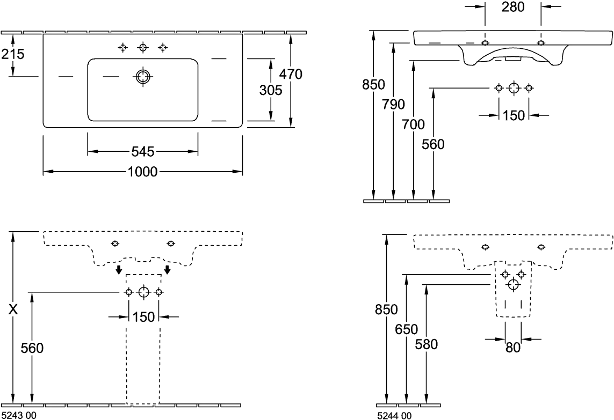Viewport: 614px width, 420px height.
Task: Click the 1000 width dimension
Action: pos(143,172)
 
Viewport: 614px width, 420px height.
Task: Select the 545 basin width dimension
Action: pos(143,153)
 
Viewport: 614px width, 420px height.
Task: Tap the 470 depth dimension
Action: pos(292,75)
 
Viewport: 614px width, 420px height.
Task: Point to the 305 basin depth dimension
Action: pos(270,91)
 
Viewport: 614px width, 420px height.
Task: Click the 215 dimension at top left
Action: pos(13,54)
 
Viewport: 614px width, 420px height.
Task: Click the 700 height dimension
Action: pos(414,126)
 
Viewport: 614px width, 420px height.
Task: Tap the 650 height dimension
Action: pos(405,329)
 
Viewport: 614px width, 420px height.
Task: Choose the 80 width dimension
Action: pos(512,347)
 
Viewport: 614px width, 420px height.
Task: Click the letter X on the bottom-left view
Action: pos(13,310)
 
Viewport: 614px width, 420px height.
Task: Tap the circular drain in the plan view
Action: pos(143,76)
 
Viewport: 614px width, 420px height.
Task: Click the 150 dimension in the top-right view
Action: pos(514,115)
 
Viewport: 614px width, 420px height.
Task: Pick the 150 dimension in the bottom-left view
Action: pos(143,316)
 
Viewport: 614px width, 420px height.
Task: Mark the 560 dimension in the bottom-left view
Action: pos(32,348)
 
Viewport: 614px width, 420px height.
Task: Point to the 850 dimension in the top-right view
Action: pos(373,84)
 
